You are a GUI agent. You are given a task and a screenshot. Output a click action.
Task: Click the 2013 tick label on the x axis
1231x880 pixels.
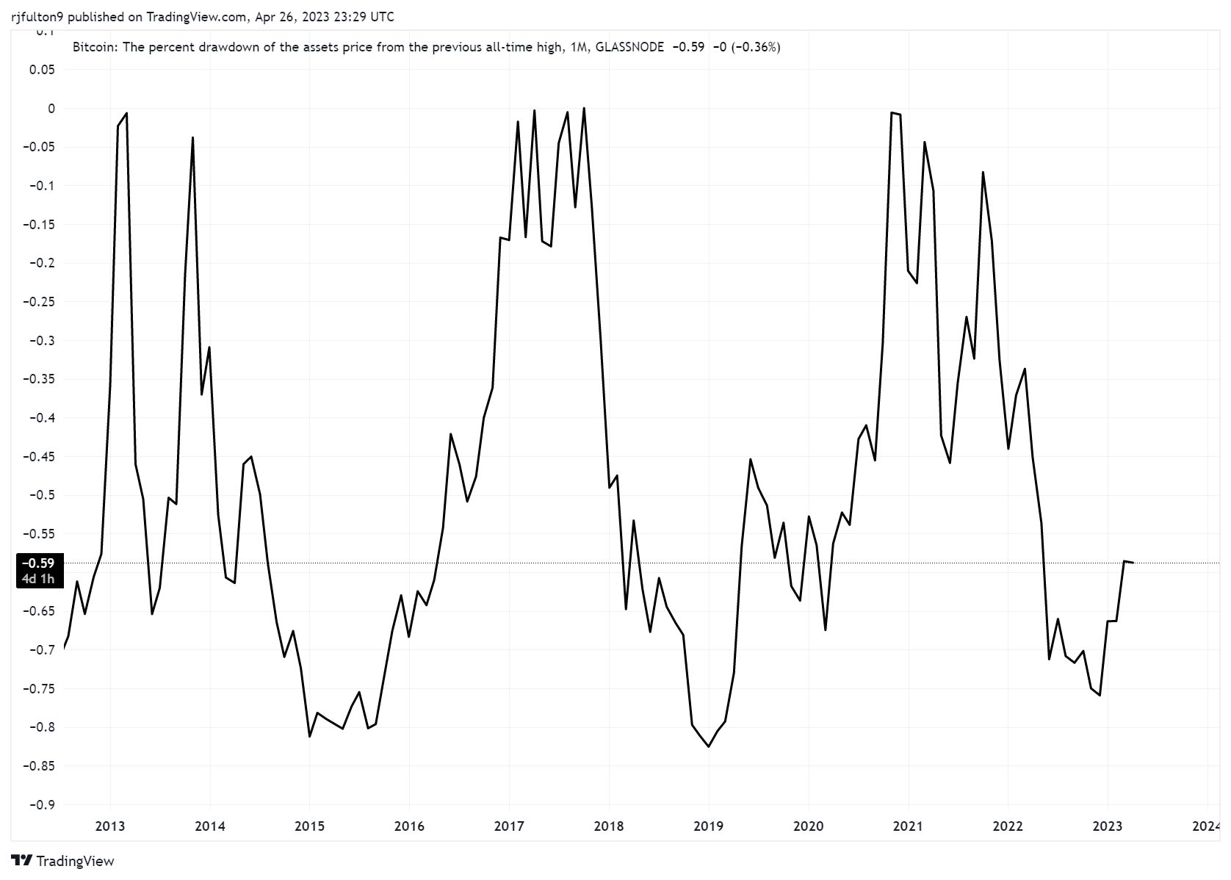tap(110, 826)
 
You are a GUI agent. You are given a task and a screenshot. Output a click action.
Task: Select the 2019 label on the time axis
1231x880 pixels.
tap(708, 826)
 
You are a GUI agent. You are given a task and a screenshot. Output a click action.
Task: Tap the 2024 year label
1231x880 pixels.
tap(1206, 826)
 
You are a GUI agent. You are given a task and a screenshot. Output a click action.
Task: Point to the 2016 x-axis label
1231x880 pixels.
tap(409, 826)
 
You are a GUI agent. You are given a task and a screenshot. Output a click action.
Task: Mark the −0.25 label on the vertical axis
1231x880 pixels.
tap(38, 302)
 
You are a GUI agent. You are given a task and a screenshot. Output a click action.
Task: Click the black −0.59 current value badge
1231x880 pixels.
tap(38, 563)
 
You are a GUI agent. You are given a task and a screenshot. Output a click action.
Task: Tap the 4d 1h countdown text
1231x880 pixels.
tap(38, 579)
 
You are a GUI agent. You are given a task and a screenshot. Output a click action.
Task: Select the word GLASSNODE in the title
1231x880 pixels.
tap(629, 47)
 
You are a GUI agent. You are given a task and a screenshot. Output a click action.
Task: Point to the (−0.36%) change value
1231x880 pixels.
tap(756, 47)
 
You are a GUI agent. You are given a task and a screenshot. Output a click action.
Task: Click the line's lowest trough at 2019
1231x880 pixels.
tap(708, 747)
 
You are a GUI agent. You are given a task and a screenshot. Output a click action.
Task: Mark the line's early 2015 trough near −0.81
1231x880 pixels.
tap(309, 737)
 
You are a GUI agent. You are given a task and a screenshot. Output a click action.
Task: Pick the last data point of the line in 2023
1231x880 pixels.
tap(1133, 563)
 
